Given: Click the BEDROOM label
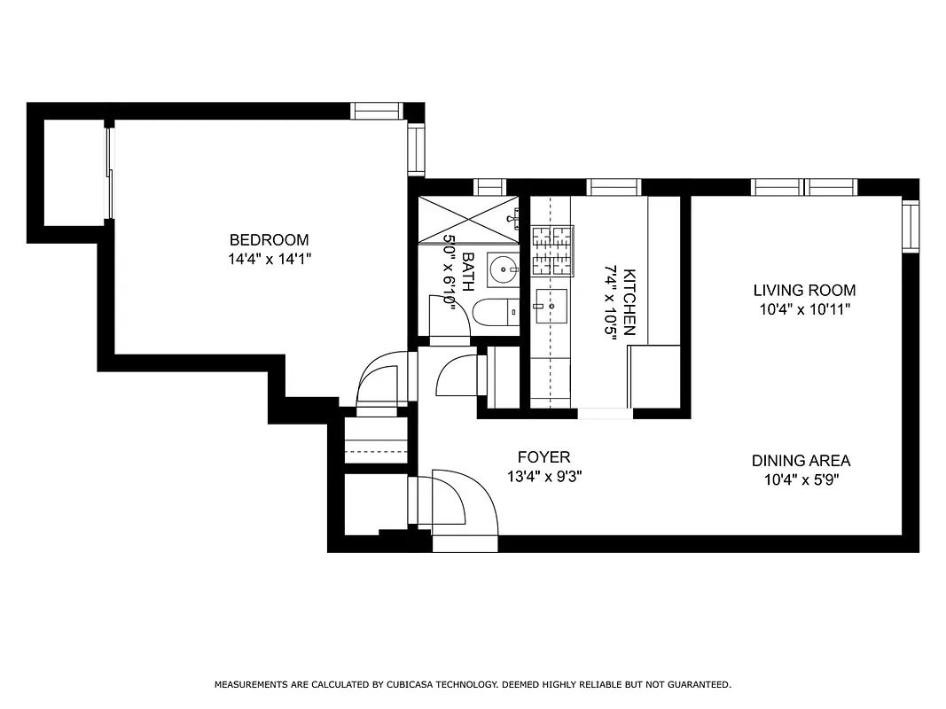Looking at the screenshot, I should [269, 239].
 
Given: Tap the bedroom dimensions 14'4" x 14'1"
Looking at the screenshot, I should [269, 260].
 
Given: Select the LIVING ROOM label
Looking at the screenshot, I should [804, 290].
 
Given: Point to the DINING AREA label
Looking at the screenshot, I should [801, 461].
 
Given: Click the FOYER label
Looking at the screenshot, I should [543, 457].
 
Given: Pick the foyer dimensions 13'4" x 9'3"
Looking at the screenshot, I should [543, 477].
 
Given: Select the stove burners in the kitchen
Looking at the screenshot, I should [551, 252].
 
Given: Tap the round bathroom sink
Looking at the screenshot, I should [504, 269].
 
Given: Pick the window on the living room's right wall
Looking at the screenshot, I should [910, 225].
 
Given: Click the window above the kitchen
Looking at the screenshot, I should [614, 187].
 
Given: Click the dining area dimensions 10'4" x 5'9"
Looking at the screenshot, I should [801, 480].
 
